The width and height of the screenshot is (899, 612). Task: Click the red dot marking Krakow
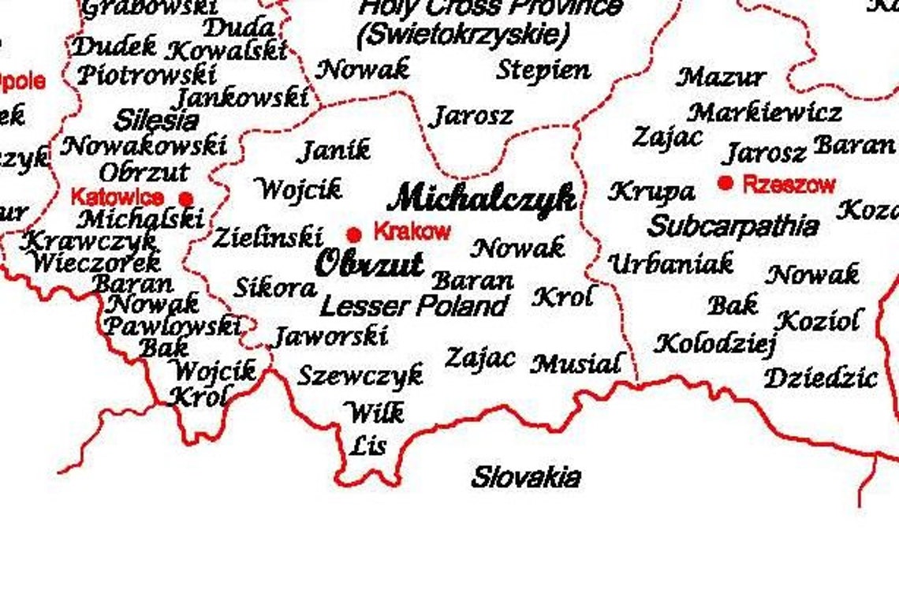354,234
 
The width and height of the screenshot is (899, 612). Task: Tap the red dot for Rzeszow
726,183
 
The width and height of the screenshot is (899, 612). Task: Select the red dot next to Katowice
186,198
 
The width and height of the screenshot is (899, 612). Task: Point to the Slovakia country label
526,477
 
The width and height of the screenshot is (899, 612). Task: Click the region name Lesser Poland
414,305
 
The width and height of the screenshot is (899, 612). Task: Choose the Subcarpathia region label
733,226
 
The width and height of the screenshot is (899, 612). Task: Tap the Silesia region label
156,121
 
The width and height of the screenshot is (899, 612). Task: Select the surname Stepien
543,70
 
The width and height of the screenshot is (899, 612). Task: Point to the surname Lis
368,446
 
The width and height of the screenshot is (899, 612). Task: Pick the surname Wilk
375,412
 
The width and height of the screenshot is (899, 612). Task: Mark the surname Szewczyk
360,375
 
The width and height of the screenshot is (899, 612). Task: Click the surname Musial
576,364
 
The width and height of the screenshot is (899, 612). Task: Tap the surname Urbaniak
671,263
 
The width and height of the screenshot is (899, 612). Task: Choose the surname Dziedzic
820,378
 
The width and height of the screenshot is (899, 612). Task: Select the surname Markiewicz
764,113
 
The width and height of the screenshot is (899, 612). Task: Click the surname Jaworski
330,337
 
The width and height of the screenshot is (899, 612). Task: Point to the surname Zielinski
268,237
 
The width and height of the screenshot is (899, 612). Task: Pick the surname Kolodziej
716,344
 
